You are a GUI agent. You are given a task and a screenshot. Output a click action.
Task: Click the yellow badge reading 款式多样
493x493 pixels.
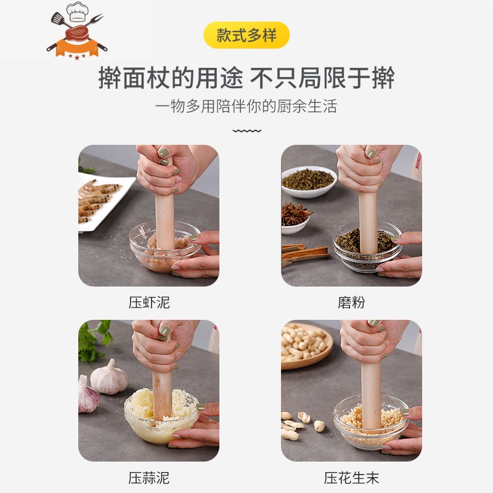[246, 35]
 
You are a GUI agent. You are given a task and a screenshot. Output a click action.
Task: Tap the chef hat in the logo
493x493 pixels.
[77, 12]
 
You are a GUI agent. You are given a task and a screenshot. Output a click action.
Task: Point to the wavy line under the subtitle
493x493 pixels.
[247, 131]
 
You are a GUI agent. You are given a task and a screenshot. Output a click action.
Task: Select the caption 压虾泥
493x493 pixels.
[149, 303]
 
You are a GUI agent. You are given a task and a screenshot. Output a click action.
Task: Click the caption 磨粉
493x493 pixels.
[351, 303]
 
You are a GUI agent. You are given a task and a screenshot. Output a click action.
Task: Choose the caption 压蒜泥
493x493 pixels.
[149, 478]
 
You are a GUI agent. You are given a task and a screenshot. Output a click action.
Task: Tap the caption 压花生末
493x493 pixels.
[351, 478]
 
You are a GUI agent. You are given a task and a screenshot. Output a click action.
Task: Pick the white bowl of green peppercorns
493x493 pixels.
[309, 182]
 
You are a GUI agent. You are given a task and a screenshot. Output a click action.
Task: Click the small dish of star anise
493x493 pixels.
[296, 219]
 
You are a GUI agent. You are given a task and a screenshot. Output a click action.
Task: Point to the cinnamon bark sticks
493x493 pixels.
[303, 254]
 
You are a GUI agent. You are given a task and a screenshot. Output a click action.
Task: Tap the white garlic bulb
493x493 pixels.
[109, 378]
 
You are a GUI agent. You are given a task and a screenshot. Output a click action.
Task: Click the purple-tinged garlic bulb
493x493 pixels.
[88, 395]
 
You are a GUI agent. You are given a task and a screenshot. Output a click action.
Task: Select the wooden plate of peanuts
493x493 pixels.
[306, 346]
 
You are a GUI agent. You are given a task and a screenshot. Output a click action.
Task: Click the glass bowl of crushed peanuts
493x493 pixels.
[371, 422]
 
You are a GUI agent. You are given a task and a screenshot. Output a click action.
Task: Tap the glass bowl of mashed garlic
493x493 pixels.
[161, 415]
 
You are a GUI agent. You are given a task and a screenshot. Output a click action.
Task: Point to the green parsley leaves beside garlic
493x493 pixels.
[94, 341]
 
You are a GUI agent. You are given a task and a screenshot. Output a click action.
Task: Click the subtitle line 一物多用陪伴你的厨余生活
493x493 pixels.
[246, 105]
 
